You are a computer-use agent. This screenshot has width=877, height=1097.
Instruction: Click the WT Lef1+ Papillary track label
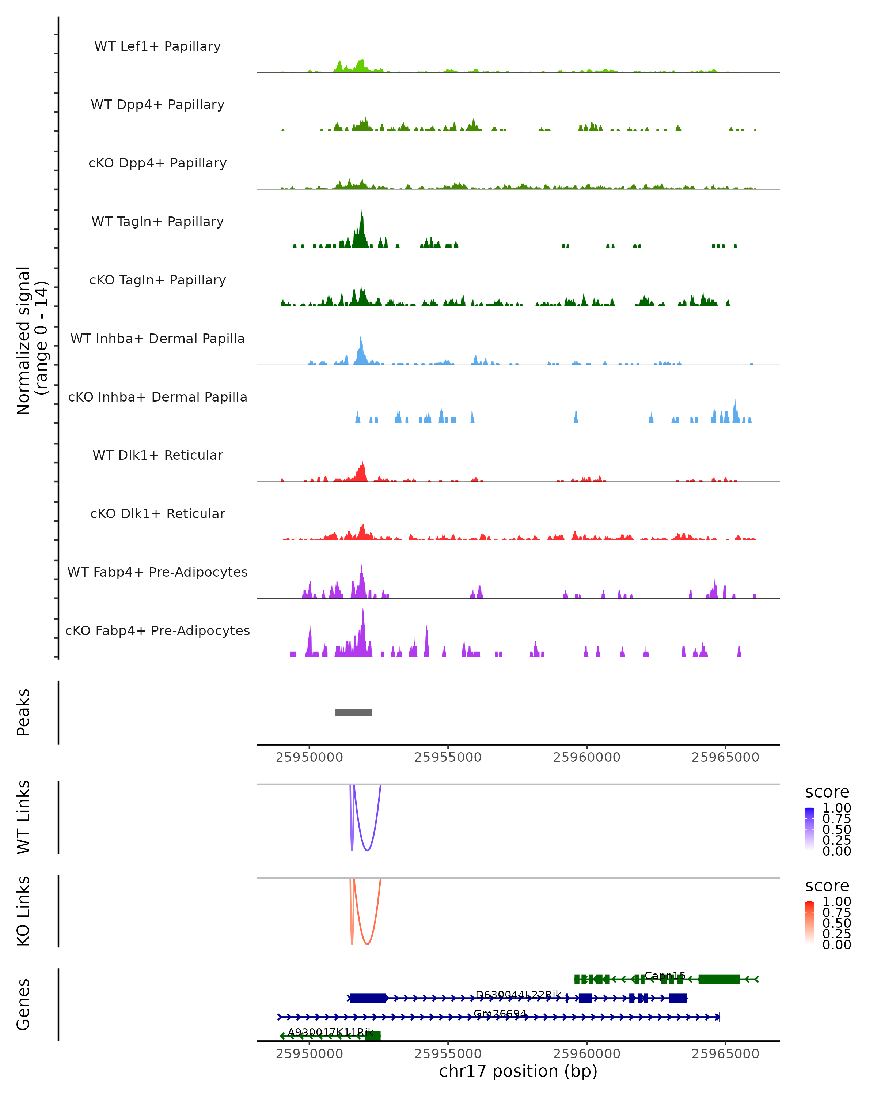tap(157, 46)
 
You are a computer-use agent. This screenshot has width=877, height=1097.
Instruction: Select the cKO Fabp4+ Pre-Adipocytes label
tap(157, 630)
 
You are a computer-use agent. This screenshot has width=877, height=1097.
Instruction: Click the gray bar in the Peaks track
tap(353, 712)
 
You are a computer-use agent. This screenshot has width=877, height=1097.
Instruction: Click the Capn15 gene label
tap(664, 975)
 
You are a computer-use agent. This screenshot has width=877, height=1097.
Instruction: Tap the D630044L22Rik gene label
tap(518, 994)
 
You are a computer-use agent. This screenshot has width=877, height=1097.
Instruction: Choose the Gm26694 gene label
tap(500, 1013)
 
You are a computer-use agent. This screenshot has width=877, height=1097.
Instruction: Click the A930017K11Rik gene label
tap(330, 1032)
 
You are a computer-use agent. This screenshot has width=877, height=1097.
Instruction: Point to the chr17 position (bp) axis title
tap(518, 1071)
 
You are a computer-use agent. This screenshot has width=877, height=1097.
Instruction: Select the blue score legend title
tap(827, 792)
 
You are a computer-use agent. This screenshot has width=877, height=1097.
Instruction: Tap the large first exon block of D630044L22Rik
tap(368, 998)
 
